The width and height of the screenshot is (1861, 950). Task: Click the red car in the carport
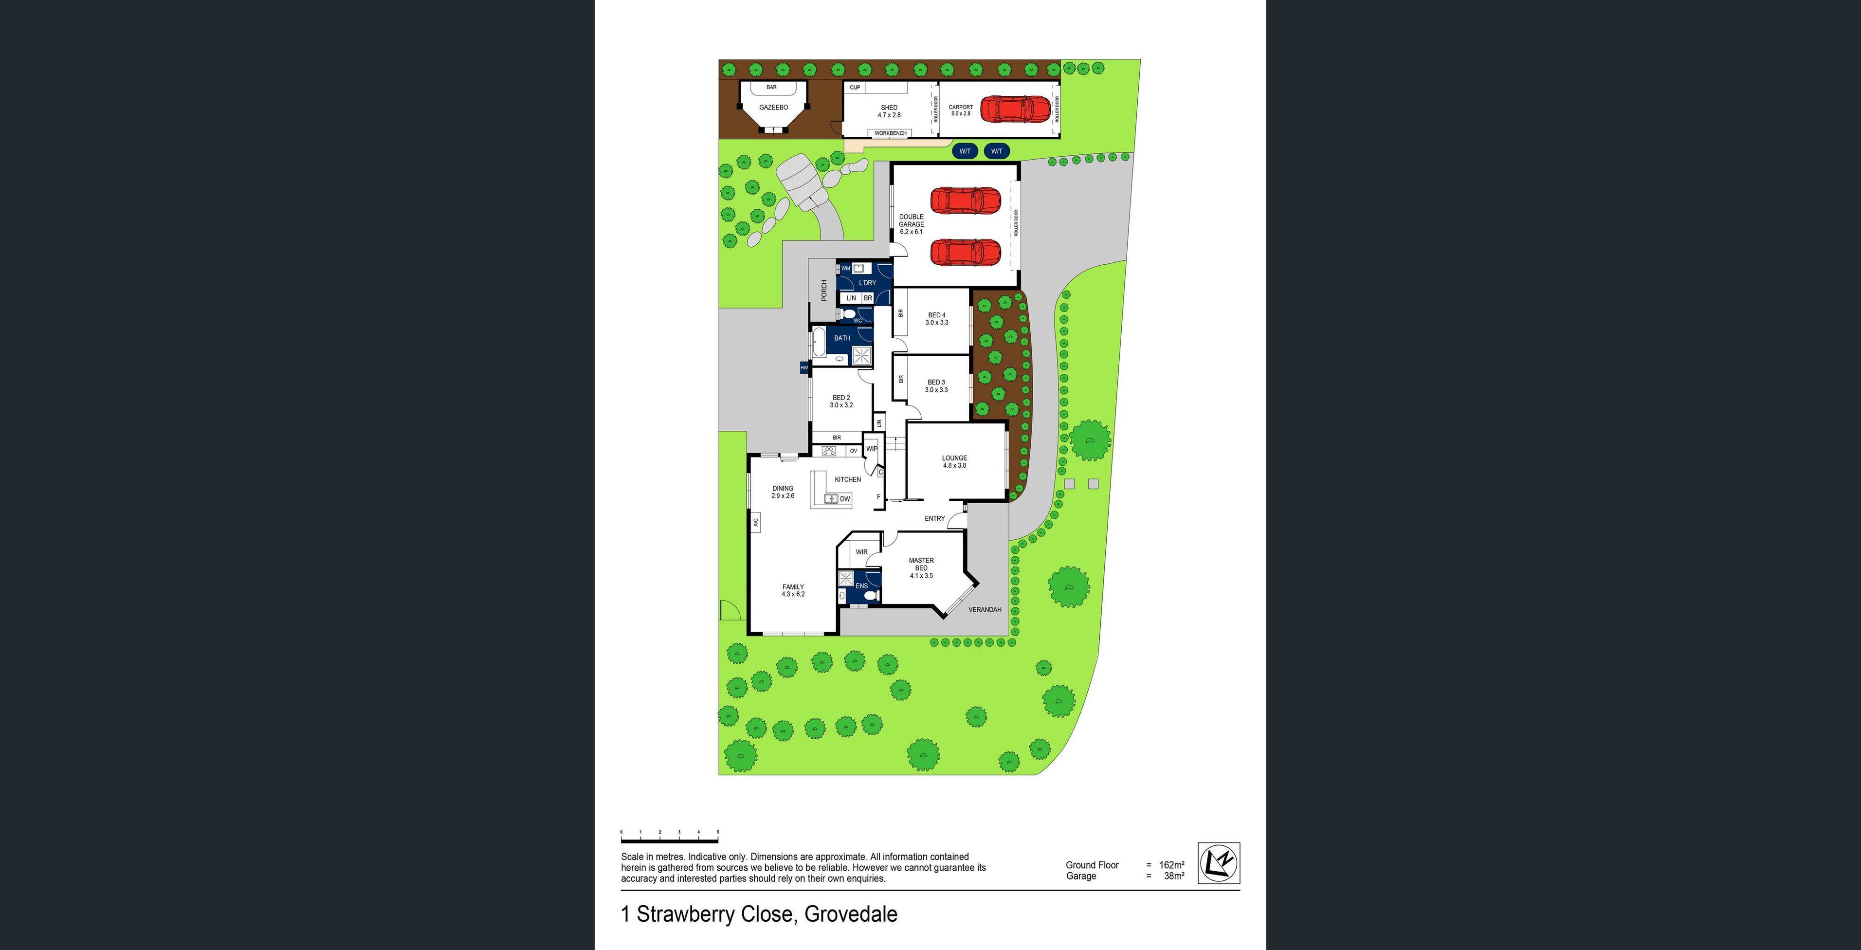[x=1014, y=109]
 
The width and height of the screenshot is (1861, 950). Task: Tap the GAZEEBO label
[x=773, y=108]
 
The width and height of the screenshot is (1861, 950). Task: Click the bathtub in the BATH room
[x=819, y=343]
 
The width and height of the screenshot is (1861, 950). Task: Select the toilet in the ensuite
[x=871, y=596]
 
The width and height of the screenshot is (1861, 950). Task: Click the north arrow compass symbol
[x=1219, y=862]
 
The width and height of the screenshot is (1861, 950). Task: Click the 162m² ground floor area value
[x=1171, y=865]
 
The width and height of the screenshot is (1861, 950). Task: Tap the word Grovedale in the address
[x=850, y=914]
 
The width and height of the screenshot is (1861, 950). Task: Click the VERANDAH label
[x=984, y=610]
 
